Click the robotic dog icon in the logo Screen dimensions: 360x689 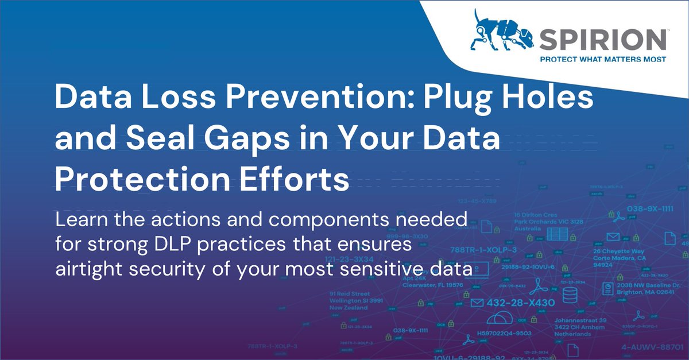[x=498, y=35]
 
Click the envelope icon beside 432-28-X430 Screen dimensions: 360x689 [x=476, y=303]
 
